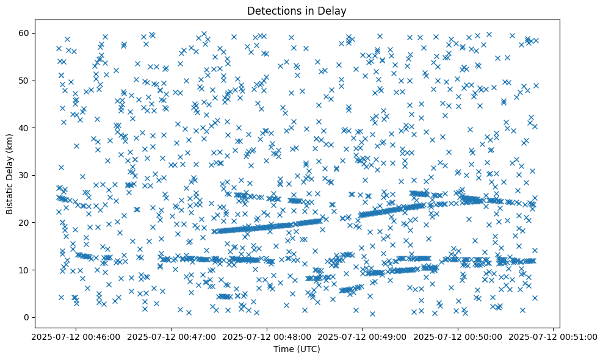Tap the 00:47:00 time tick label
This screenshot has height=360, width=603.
[171, 336]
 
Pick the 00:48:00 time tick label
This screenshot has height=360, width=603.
[267, 336]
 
